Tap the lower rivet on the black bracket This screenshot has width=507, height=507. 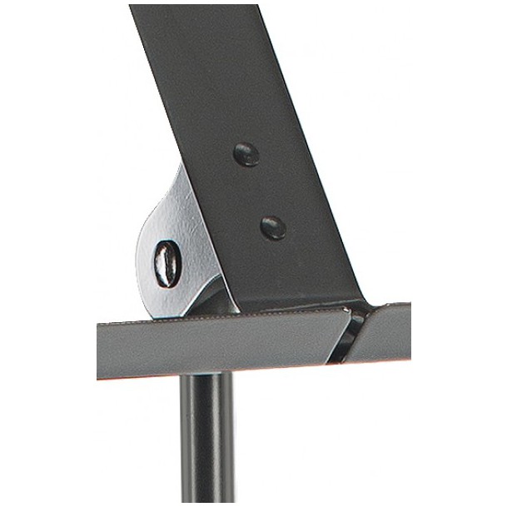point(272,226)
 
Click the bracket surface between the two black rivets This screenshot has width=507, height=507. point(259,190)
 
